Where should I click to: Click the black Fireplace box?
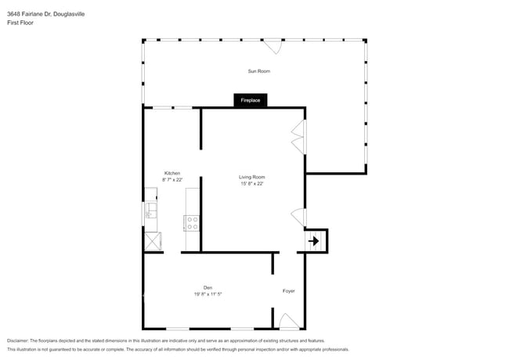[251, 100]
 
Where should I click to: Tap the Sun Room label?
[259, 71]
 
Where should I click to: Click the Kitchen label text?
[172, 173]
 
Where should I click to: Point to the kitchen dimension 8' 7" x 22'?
[172, 180]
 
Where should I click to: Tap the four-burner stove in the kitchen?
[192, 223]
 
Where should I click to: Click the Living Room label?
[252, 177]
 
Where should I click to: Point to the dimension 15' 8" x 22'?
[252, 184]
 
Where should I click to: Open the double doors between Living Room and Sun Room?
[298, 138]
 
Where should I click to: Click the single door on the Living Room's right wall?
[298, 217]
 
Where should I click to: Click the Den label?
[208, 287]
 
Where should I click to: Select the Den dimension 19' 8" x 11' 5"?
[208, 294]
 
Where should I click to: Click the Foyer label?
[289, 291]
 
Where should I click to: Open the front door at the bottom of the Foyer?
[288, 322]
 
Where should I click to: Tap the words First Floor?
[20, 23]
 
